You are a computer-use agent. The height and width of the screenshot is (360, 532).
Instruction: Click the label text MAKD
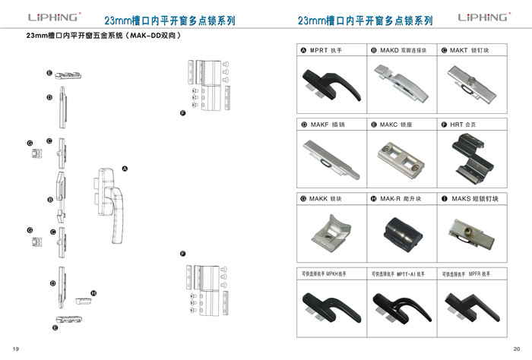[390, 50]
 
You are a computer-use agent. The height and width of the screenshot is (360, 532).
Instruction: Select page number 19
[15, 347]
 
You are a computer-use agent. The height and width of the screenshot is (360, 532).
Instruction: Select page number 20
[517, 347]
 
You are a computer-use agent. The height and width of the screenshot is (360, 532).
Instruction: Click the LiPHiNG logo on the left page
[52, 16]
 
